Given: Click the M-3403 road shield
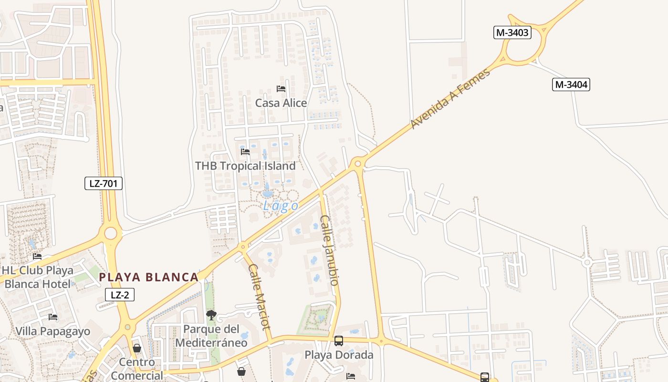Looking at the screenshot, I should point(512,32).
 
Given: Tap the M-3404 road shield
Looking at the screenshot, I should point(571,85).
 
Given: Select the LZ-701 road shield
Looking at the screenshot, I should point(104,183).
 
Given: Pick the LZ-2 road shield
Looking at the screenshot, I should point(120,295).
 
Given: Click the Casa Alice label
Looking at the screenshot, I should point(281,103).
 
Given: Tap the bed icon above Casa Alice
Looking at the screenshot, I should point(281,89).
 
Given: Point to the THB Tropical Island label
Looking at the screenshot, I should point(245,166).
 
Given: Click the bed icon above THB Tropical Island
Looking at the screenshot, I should point(245,152).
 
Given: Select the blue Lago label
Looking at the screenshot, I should point(281,206).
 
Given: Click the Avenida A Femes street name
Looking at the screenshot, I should point(450,99).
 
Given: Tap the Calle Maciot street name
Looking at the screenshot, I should point(260,296).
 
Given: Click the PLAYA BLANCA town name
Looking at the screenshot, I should point(148,277).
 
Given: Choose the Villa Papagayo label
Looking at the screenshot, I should point(52,331).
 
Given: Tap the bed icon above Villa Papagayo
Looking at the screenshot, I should point(53,317).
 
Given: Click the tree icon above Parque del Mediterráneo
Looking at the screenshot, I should point(211,315).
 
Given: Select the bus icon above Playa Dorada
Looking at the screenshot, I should point(339,341).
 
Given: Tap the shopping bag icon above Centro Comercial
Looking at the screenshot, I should point(137,348).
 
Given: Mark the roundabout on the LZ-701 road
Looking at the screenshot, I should point(110,233).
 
